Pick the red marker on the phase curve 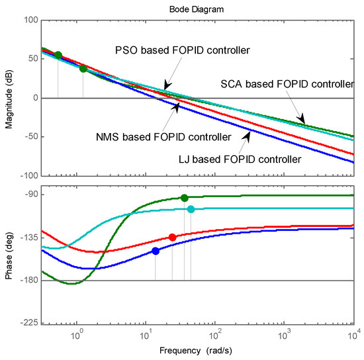click(173, 237)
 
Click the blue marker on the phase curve click(156, 251)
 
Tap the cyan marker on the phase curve click(191, 209)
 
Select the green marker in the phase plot click(184, 198)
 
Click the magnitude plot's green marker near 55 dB click(58, 56)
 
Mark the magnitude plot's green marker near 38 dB click(83, 68)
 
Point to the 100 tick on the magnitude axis click(29, 20)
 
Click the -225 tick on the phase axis click(27, 324)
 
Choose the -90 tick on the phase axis click(30, 195)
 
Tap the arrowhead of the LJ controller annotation click(250, 134)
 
